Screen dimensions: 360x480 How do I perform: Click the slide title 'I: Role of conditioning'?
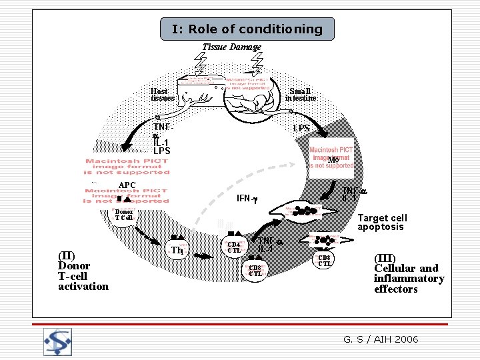click(x=247, y=29)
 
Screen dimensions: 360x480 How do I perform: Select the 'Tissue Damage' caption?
click(x=231, y=47)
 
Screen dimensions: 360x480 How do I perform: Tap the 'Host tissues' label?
click(x=162, y=95)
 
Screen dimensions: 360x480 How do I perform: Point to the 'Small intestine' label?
click(x=300, y=95)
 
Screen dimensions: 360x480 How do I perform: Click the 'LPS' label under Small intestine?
click(x=301, y=127)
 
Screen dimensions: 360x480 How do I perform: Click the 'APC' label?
click(x=127, y=185)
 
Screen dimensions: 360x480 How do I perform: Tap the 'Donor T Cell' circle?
click(x=124, y=215)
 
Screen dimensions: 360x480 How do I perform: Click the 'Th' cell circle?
click(x=177, y=250)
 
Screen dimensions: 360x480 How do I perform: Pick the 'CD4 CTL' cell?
click(x=234, y=247)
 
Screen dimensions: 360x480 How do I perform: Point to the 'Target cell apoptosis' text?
click(x=382, y=222)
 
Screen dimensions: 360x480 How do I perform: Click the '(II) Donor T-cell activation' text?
click(x=83, y=271)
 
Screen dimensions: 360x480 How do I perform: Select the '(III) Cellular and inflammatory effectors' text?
click(x=408, y=273)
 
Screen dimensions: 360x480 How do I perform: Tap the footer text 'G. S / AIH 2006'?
click(x=381, y=339)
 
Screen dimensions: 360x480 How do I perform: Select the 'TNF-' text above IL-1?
click(x=161, y=127)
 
